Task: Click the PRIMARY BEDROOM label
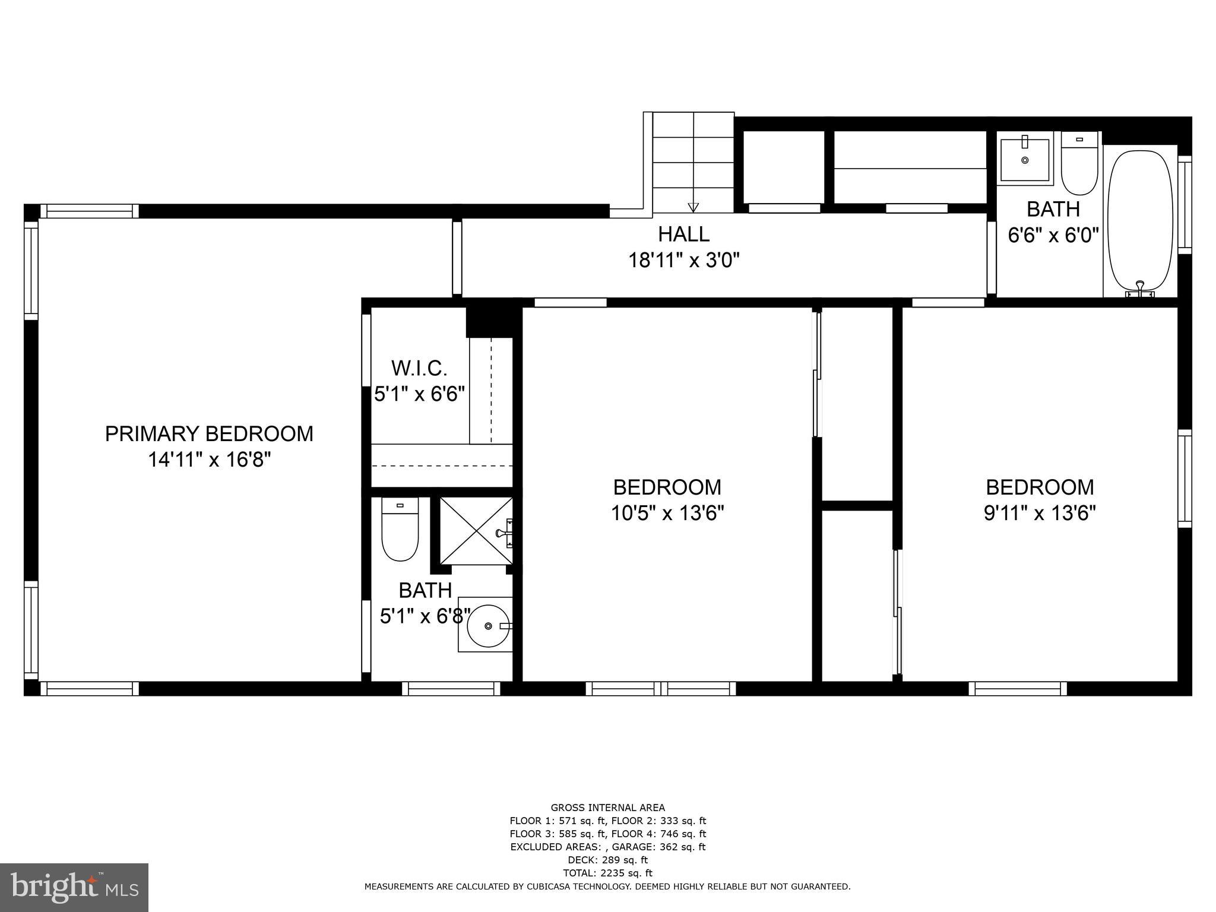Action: pyautogui.click(x=209, y=434)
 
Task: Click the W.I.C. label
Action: pyautogui.click(x=419, y=369)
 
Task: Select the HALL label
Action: pyautogui.click(x=683, y=234)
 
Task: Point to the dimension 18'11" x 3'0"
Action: pyautogui.click(x=683, y=260)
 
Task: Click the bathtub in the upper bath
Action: pyautogui.click(x=1140, y=221)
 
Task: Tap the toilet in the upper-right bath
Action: pyautogui.click(x=1079, y=164)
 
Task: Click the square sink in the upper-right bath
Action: pyautogui.click(x=1025, y=159)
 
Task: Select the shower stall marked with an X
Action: pyautogui.click(x=476, y=531)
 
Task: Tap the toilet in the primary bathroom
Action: pyautogui.click(x=400, y=530)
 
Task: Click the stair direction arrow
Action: pyautogui.click(x=693, y=207)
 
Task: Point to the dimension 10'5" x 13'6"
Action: pyautogui.click(x=667, y=512)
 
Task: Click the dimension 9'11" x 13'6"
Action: pyautogui.click(x=1040, y=512)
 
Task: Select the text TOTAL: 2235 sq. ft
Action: pyautogui.click(x=607, y=873)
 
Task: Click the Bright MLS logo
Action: pyautogui.click(x=74, y=887)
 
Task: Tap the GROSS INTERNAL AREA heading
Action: pyautogui.click(x=607, y=807)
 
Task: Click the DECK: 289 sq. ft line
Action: pyautogui.click(x=607, y=860)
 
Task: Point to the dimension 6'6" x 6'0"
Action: pyautogui.click(x=1053, y=235)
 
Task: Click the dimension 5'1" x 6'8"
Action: pyautogui.click(x=425, y=616)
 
